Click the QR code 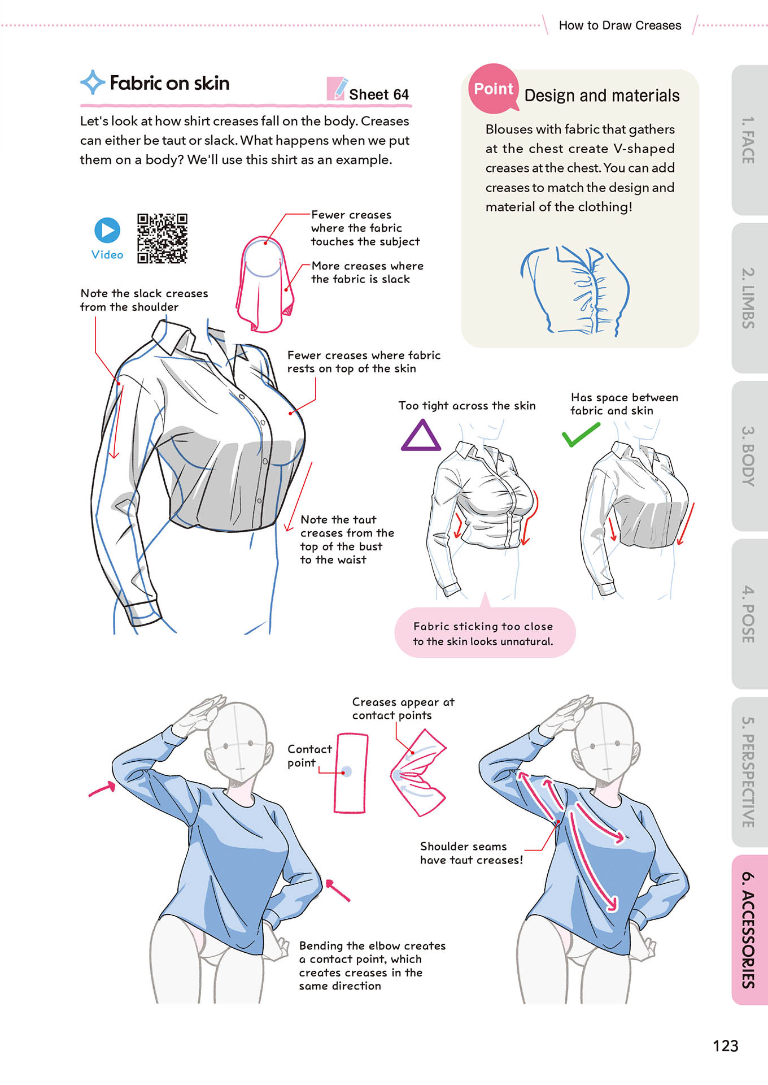point(162,238)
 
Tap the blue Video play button point(107,230)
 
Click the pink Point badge point(494,88)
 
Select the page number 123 point(726,1046)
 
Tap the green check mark point(581,435)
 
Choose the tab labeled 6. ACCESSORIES point(749,930)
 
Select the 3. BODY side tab point(749,456)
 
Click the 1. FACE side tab point(749,140)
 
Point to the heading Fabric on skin point(169,83)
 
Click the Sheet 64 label point(379,94)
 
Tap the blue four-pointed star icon point(93,83)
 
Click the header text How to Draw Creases point(620,25)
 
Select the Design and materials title point(602,96)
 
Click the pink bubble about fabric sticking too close point(485,632)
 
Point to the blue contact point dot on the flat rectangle point(347,771)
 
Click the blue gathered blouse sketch point(575,292)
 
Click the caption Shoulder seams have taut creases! point(472,853)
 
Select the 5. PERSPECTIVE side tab point(749,772)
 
